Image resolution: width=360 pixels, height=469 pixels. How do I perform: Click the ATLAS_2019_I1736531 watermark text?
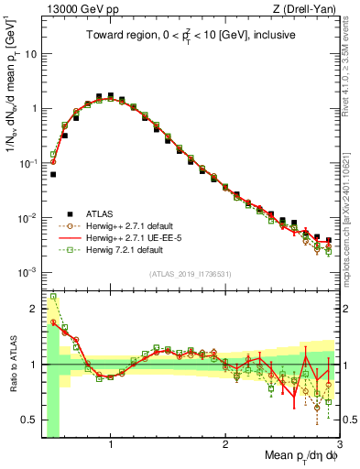190,273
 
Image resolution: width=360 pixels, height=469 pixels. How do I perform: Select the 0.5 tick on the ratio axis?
30,420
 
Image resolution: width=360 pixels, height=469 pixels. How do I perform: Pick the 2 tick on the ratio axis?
35,307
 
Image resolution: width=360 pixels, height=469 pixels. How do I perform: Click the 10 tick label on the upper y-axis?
30,53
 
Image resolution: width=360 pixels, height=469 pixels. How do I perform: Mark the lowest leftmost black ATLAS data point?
53,174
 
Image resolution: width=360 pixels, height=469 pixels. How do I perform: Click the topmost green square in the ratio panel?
53,296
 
